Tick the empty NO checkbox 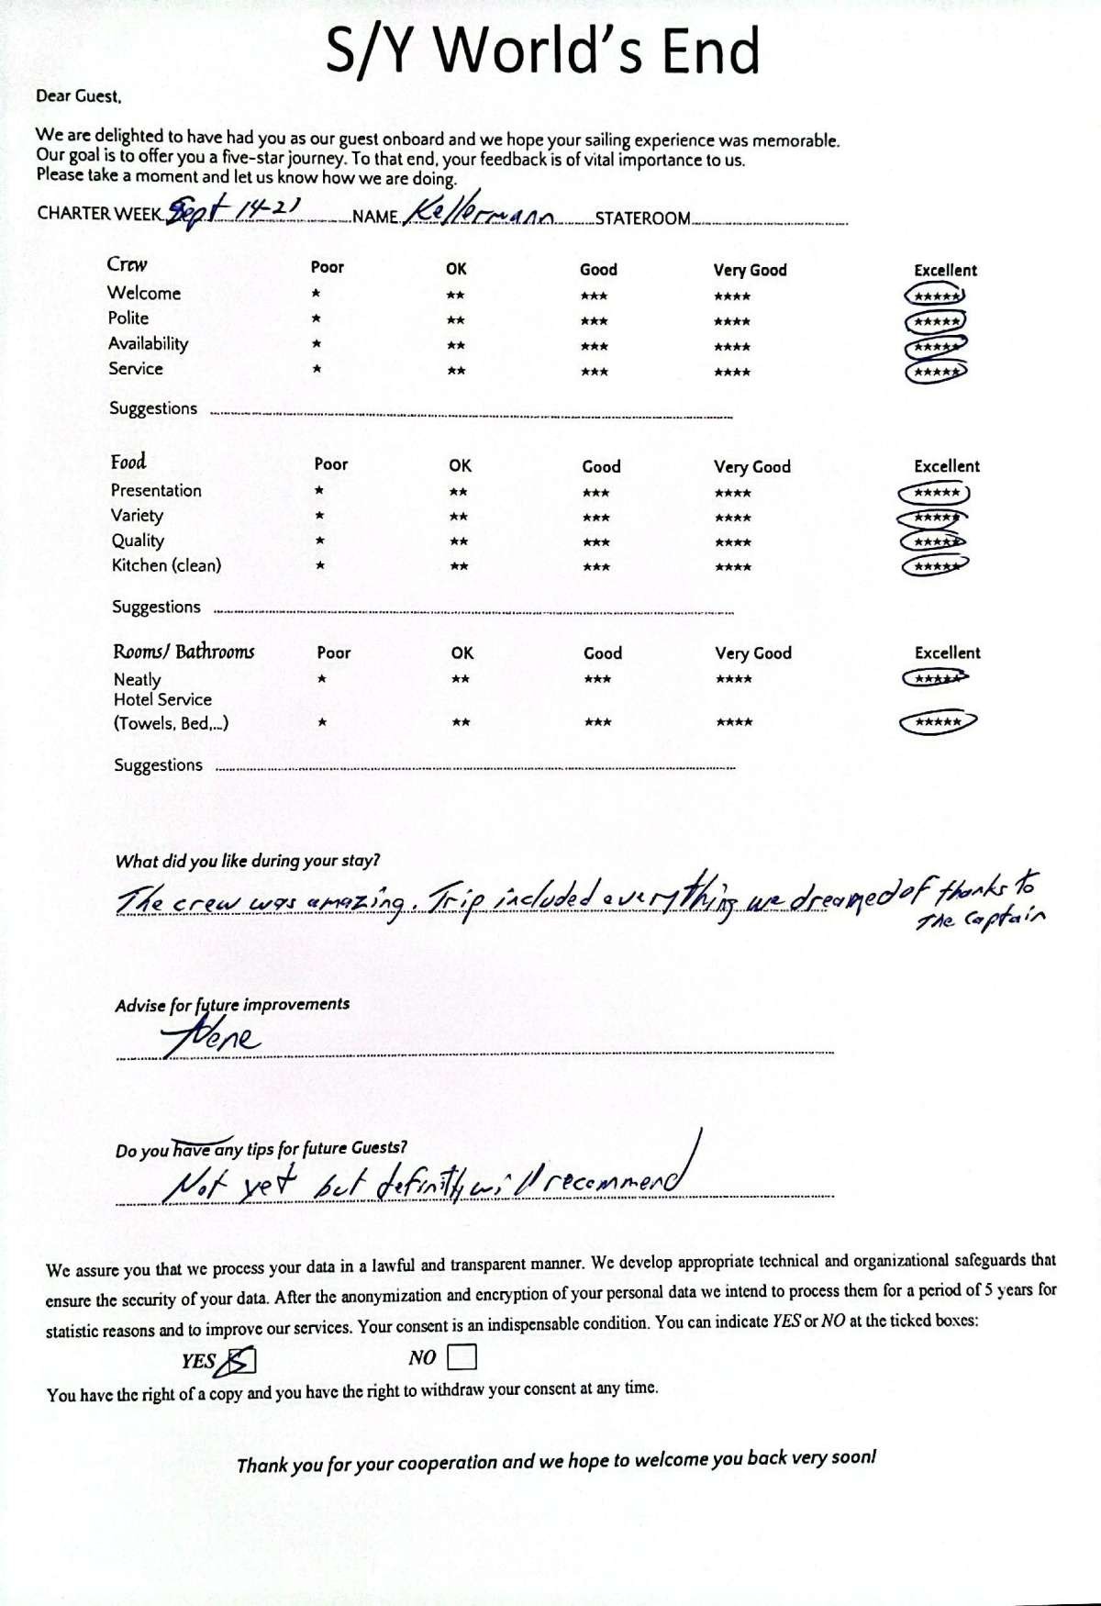pos(462,1356)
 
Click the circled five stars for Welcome pos(935,296)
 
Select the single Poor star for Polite pos(316,319)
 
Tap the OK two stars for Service pos(456,371)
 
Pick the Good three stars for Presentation pos(595,493)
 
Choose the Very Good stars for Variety pos(732,518)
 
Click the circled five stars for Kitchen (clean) pos(935,566)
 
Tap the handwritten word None pos(212,1037)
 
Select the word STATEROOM pos(642,218)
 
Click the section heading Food pos(128,462)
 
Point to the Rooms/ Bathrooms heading pos(183,652)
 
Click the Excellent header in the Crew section pos(945,270)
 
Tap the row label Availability pos(148,343)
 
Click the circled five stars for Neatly pos(935,679)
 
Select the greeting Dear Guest pos(78,95)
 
